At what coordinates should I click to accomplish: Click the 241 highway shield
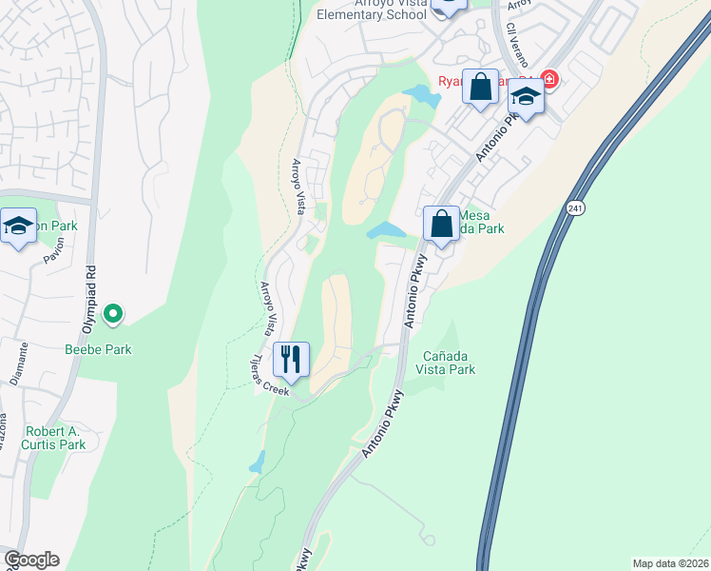[x=574, y=207]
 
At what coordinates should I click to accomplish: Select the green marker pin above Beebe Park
[x=112, y=313]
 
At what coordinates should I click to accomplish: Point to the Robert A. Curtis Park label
[x=56, y=437]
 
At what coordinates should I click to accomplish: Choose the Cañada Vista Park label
[x=449, y=362]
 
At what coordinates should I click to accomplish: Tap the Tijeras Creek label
[x=269, y=376]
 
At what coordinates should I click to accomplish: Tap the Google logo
[x=31, y=560]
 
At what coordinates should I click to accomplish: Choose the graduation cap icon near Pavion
[x=18, y=226]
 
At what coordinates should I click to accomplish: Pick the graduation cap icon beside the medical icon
[x=525, y=96]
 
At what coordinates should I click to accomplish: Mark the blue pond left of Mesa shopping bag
[x=386, y=230]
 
